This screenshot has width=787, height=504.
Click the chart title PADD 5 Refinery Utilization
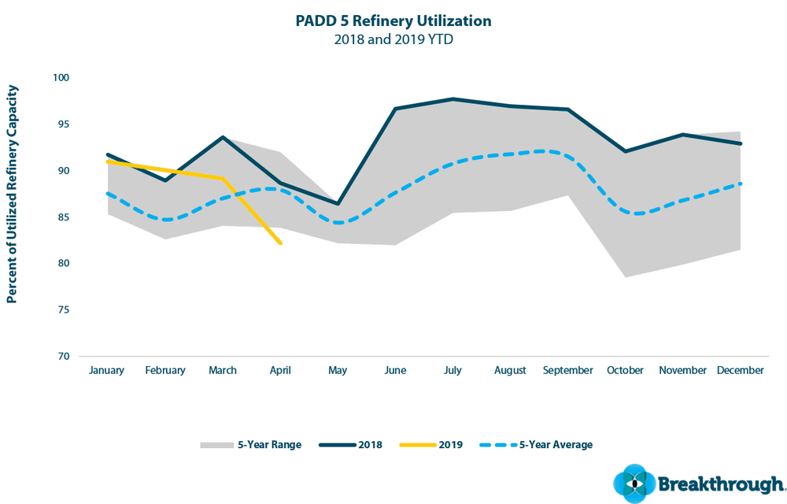click(x=393, y=20)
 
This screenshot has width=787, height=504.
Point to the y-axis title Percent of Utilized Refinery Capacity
click(x=12, y=195)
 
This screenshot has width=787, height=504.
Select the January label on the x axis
click(x=107, y=370)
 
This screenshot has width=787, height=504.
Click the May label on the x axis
click(x=338, y=370)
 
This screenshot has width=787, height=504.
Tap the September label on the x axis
click(x=567, y=370)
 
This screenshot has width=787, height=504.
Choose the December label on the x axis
click(x=741, y=370)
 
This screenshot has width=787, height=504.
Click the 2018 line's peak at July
click(x=453, y=99)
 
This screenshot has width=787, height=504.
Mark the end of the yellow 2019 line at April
click(x=281, y=243)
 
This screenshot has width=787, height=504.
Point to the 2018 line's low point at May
click(x=338, y=204)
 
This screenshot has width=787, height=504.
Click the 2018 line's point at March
click(x=223, y=137)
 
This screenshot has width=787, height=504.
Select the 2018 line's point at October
click(x=625, y=151)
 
